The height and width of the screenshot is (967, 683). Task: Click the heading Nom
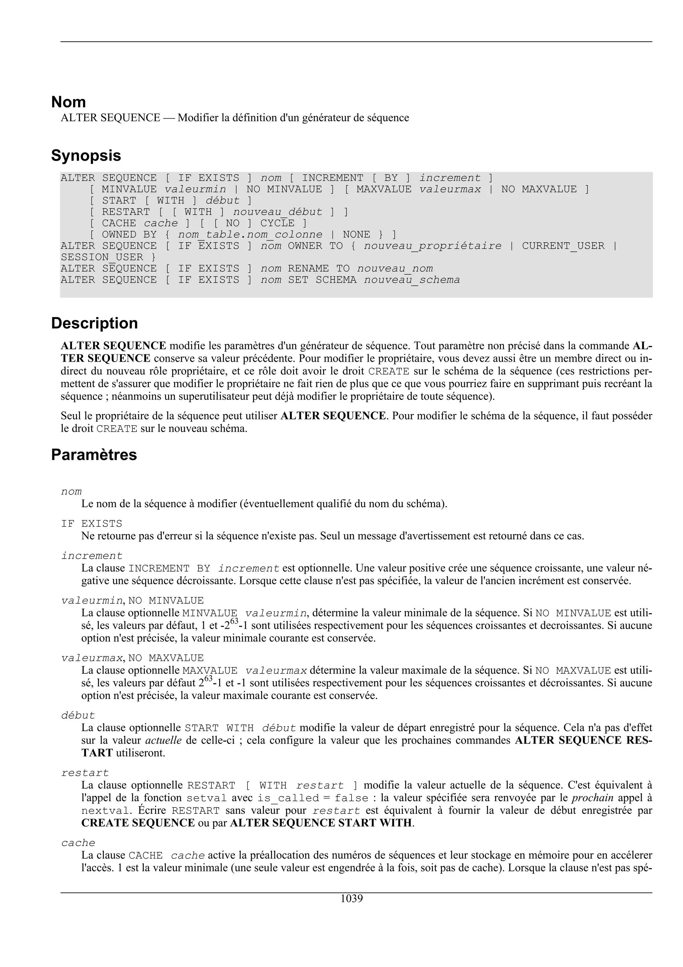(69, 102)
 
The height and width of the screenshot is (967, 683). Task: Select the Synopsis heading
(86, 155)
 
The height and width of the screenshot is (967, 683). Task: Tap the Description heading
(94, 323)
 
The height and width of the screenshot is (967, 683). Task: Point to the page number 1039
(352, 898)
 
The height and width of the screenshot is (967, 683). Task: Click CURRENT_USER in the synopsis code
(563, 246)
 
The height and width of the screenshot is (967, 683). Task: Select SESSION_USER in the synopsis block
(102, 257)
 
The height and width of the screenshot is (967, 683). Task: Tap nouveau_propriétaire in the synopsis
(433, 246)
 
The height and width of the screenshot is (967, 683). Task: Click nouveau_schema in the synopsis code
(412, 280)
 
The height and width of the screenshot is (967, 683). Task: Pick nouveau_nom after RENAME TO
(395, 269)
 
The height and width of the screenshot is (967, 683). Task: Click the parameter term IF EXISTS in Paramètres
(91, 524)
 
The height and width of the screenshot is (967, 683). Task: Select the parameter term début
(78, 715)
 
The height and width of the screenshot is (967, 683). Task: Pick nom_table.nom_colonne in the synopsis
(250, 235)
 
